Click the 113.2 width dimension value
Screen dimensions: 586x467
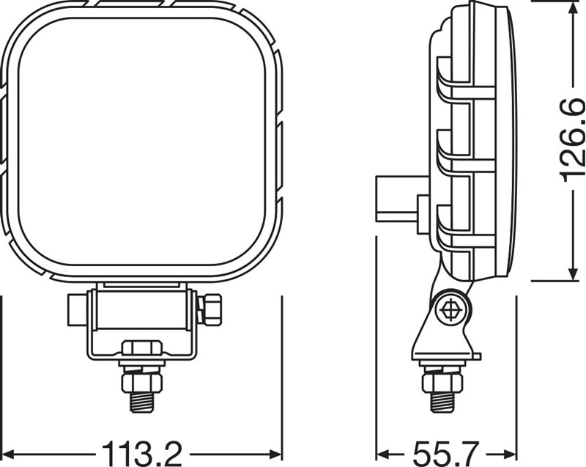[x=142, y=455]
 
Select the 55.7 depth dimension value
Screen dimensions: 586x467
[x=446, y=455]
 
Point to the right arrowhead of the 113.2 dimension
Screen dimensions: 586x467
[x=275, y=455]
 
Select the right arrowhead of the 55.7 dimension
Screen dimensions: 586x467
[x=511, y=455]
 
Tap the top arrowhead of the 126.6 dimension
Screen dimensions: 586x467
[x=573, y=7]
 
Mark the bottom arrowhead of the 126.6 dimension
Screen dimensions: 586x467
[x=573, y=273]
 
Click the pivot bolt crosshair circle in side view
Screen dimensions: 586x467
[x=452, y=309]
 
